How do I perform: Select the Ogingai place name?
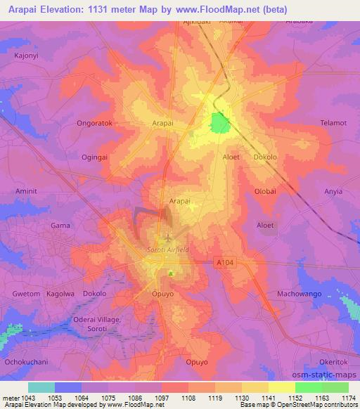coord(95,157)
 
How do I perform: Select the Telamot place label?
coord(333,122)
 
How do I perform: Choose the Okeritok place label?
coord(333,361)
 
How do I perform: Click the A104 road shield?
coord(224,262)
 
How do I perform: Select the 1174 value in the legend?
coord(348,397)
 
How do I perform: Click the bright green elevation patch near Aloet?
coord(219,124)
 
